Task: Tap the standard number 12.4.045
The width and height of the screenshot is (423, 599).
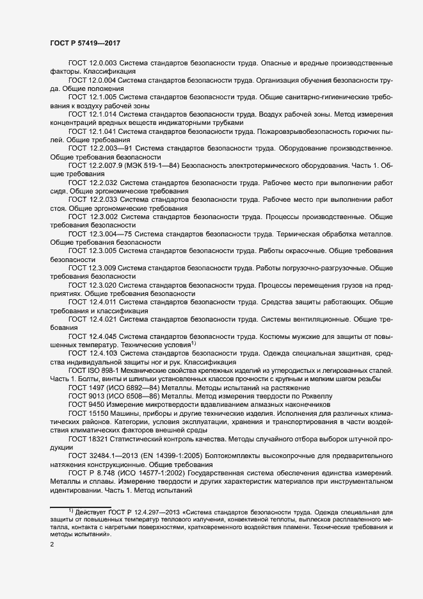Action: [x=103, y=336]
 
